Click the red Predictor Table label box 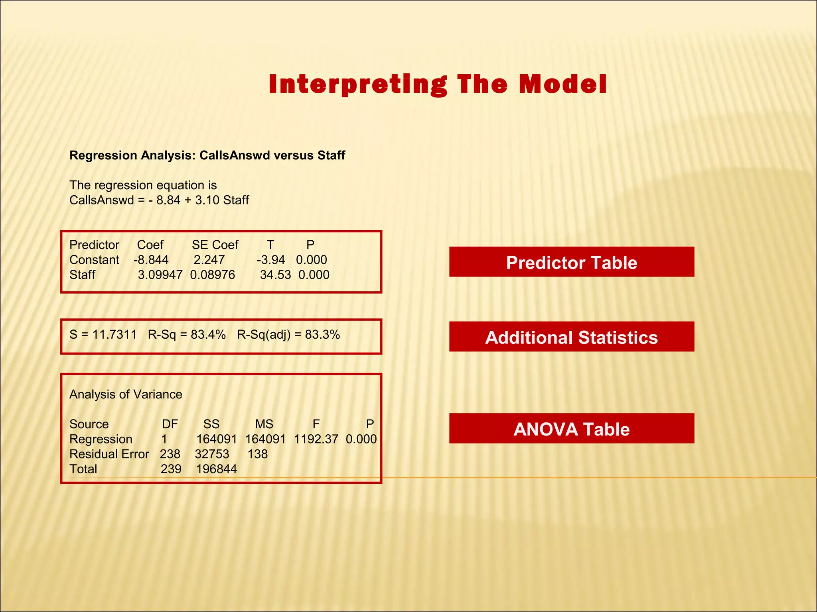[x=571, y=262]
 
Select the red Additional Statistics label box [x=571, y=337]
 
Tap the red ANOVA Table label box [x=571, y=429]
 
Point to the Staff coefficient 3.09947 [x=160, y=275]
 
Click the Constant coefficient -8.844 [x=151, y=260]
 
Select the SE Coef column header [x=215, y=245]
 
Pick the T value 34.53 [x=275, y=275]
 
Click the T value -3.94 [x=271, y=260]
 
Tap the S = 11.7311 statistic [x=103, y=335]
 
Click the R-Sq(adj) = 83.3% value [x=288, y=335]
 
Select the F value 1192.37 [x=316, y=439]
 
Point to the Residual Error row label [x=109, y=454]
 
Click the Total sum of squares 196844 [x=216, y=469]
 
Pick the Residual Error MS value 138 [x=257, y=454]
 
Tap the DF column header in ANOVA [x=170, y=424]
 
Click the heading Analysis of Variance [x=126, y=394]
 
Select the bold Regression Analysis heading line [x=207, y=155]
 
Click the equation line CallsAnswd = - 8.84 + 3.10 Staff [x=159, y=200]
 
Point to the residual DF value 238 [x=170, y=454]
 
